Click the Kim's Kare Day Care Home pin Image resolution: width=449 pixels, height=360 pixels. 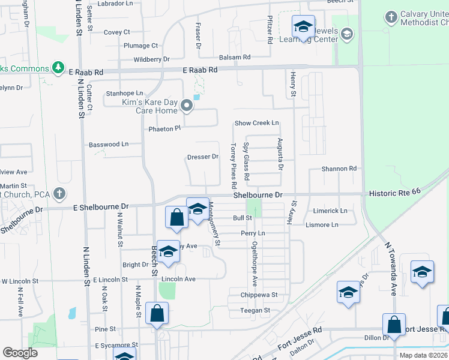pyautogui.click(x=187, y=107)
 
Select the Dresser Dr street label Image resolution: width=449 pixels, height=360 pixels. pyautogui.click(x=202, y=157)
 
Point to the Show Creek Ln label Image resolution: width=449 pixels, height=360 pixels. pyautogui.click(x=257, y=123)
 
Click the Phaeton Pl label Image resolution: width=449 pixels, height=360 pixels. pyautogui.click(x=164, y=129)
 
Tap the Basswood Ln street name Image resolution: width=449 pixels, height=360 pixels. pyautogui.click(x=109, y=145)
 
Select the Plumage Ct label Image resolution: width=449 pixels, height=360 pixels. pyautogui.click(x=140, y=46)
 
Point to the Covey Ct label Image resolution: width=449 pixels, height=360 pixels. pyautogui.click(x=116, y=32)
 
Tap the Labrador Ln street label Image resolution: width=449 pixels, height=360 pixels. pyautogui.click(x=116, y=4)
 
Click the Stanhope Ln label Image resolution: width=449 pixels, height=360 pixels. pyautogui.click(x=124, y=94)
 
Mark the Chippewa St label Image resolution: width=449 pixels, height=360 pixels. pyautogui.click(x=259, y=295)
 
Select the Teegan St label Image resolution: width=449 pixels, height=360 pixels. pyautogui.click(x=256, y=310)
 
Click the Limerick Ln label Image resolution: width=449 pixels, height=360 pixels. pyautogui.click(x=330, y=211)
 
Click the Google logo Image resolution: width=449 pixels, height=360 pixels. pyautogui.click(x=20, y=353)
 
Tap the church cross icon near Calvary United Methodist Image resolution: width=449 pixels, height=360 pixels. pyautogui.click(x=391, y=17)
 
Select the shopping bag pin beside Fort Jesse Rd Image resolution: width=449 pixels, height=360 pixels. pyautogui.click(x=394, y=325)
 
